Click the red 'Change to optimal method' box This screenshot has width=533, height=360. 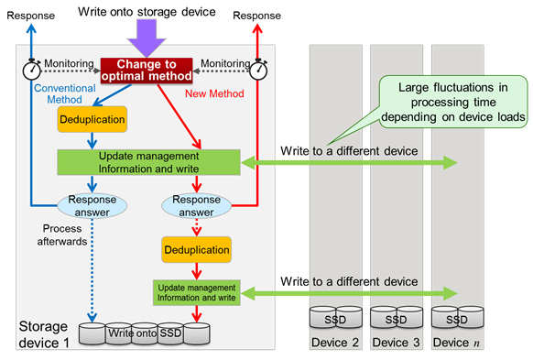[147, 71]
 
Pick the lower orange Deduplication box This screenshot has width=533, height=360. [196, 249]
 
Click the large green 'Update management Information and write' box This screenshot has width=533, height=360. [147, 161]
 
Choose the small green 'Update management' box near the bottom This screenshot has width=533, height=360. [196, 293]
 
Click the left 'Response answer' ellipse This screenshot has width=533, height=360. [92, 204]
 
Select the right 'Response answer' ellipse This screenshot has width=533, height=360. [196, 204]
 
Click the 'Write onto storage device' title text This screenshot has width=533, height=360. [147, 11]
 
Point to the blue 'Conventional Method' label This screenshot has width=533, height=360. [65, 94]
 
